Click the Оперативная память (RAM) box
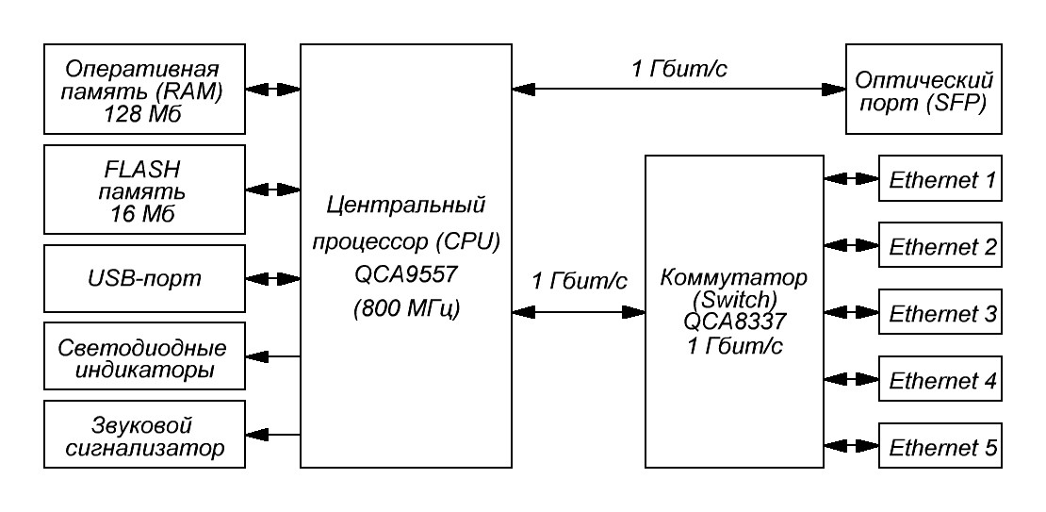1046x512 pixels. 144,89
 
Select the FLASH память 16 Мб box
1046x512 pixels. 144,189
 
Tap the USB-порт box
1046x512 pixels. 144,279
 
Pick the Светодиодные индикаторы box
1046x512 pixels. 144,357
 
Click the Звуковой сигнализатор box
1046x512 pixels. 144,434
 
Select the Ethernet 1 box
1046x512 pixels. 940,178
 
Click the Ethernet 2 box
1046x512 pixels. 940,246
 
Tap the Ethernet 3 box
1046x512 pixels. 940,314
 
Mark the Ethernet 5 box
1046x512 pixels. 940,446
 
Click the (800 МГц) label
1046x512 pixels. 405,308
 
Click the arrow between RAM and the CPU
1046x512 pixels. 272,90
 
